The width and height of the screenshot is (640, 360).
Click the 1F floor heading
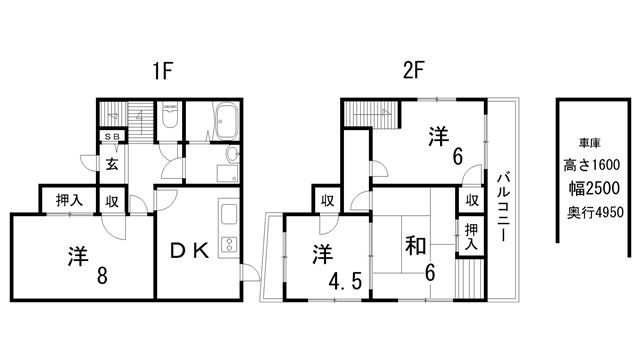pos(163,72)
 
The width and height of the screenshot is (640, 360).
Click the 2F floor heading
pos(415,72)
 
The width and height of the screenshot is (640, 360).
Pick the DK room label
pos(188,251)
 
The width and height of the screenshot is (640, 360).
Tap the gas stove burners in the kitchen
pos(227,243)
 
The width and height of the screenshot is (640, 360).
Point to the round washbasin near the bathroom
pos(232,155)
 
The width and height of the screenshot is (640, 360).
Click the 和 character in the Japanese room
pos(418,245)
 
